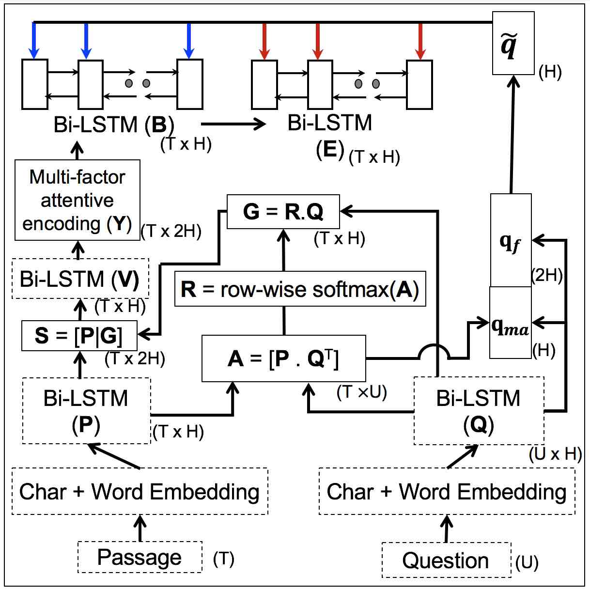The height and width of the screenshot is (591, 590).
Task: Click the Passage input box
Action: point(140,557)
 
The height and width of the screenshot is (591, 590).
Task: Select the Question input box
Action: point(447,560)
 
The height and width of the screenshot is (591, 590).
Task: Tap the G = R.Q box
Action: point(283,212)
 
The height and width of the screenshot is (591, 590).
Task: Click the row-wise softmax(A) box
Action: point(300,289)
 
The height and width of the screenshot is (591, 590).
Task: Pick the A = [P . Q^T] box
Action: point(283,358)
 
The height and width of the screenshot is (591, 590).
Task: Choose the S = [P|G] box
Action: point(79,336)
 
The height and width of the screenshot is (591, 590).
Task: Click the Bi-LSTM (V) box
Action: point(80,279)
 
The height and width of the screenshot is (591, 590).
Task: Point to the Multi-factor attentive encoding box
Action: point(78,200)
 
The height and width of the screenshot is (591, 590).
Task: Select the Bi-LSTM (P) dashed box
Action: point(87,411)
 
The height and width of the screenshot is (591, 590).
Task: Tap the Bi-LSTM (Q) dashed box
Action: point(479,411)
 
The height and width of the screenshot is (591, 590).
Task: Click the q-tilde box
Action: point(513,43)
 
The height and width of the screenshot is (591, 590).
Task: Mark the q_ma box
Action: point(510,323)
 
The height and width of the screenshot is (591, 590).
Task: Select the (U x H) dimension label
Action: point(555,454)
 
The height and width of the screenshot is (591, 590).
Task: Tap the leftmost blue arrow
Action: point(34,41)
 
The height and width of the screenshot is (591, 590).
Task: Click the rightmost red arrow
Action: point(420,41)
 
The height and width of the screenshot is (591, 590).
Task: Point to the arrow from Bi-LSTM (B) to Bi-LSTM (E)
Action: point(233,124)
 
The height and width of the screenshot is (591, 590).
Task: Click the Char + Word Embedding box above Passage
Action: point(140,491)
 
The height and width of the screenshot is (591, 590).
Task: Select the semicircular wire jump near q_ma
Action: point(434,345)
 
